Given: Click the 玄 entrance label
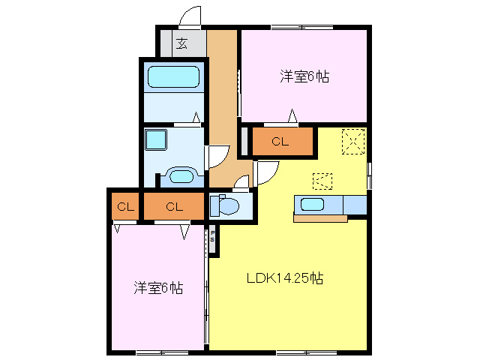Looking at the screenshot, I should pyautogui.click(x=182, y=43).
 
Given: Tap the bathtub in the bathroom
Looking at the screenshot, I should pyautogui.click(x=173, y=77).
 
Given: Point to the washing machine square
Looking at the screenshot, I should pyautogui.click(x=157, y=139).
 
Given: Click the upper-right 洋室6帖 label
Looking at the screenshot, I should pyautogui.click(x=305, y=76).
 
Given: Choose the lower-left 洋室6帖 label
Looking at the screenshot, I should pyautogui.click(x=159, y=287).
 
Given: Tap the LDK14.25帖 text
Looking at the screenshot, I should pyautogui.click(x=285, y=278).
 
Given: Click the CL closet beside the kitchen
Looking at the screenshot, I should pyautogui.click(x=280, y=141).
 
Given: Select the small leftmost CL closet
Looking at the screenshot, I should pyautogui.click(x=125, y=206).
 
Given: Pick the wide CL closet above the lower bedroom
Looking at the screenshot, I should pyautogui.click(x=174, y=206).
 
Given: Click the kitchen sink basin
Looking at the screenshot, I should pyautogui.click(x=311, y=204).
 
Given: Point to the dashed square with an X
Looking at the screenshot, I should pyautogui.click(x=352, y=141).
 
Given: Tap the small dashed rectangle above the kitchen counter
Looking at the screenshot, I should pyautogui.click(x=322, y=181).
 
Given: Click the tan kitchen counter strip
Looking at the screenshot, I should pyautogui.click(x=320, y=219).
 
